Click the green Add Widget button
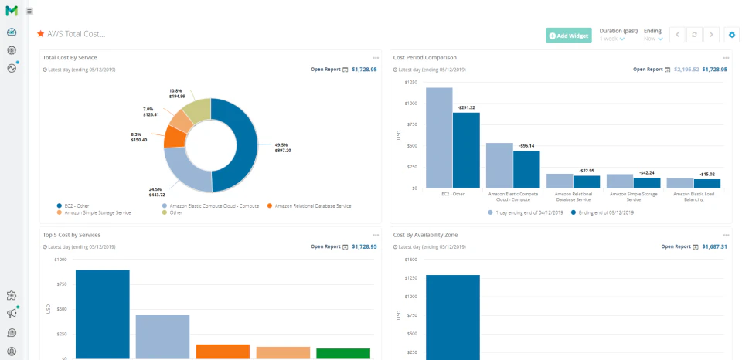(x=568, y=36)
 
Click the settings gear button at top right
(x=732, y=35)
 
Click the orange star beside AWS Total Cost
(x=41, y=34)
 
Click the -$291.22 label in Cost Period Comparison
(x=465, y=107)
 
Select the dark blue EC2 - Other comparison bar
(x=466, y=150)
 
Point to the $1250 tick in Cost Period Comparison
(x=410, y=82)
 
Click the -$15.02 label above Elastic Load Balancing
(x=707, y=174)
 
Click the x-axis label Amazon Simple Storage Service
(x=631, y=196)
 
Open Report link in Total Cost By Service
(x=325, y=70)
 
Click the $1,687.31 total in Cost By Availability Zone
(x=713, y=246)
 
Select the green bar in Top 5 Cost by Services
(x=343, y=353)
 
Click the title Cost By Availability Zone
(x=425, y=234)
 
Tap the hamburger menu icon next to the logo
(x=29, y=11)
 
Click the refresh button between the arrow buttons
(x=695, y=35)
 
